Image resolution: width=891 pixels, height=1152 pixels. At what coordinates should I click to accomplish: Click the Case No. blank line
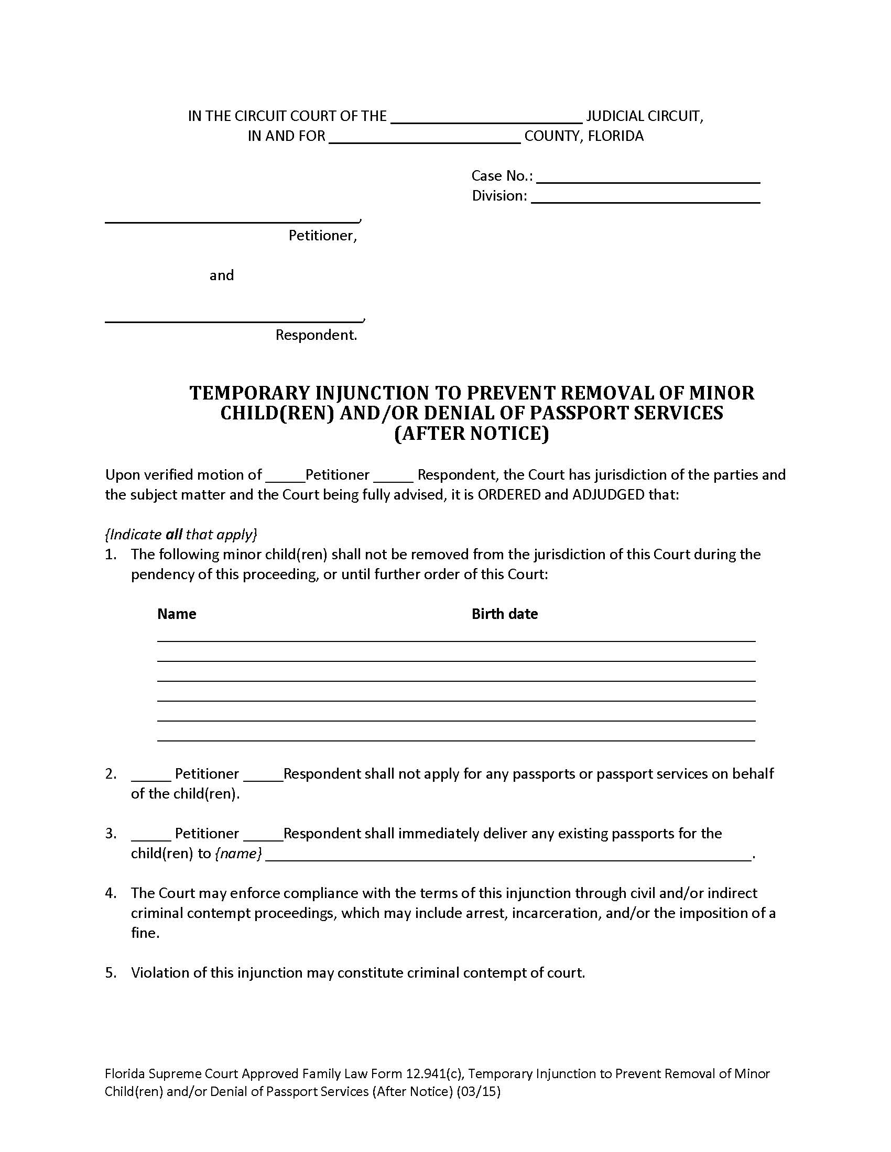click(648, 177)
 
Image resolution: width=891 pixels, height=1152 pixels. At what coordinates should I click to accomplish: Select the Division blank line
click(645, 197)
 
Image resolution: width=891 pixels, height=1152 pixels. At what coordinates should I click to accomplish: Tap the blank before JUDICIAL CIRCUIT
click(486, 117)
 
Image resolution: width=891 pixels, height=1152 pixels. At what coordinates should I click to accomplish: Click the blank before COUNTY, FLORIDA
click(425, 137)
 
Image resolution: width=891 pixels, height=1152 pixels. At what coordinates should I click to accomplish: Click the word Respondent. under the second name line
click(316, 335)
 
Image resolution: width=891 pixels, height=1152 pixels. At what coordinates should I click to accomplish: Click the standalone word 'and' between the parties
click(222, 275)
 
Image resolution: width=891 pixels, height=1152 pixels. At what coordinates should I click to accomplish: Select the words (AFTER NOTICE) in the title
click(471, 433)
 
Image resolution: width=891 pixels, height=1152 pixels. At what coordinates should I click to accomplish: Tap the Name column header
click(177, 614)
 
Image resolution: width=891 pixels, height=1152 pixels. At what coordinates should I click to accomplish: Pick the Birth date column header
click(505, 614)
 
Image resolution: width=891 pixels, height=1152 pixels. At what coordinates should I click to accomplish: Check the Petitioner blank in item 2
click(151, 775)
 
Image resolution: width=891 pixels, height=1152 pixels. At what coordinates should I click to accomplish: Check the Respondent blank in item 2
click(264, 775)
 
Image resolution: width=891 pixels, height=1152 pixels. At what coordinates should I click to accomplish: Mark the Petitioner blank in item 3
click(151, 835)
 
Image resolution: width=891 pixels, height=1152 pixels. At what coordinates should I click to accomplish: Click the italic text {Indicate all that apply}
click(181, 534)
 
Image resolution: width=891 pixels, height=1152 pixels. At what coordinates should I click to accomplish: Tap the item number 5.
click(110, 973)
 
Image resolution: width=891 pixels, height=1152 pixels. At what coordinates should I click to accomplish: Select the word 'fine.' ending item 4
click(145, 933)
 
